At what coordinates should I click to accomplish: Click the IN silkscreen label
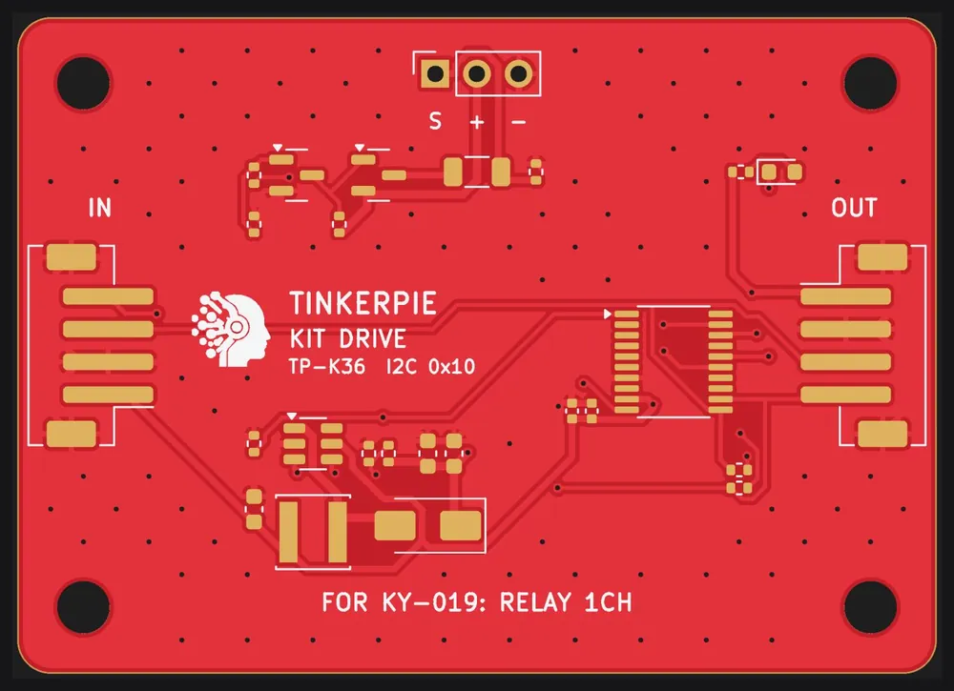tap(100, 208)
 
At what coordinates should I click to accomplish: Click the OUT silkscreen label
tap(854, 208)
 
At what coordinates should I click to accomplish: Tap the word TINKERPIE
tap(363, 303)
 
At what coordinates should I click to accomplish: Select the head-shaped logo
tap(231, 330)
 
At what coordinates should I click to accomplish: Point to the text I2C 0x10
tap(431, 366)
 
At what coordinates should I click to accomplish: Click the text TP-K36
tap(327, 366)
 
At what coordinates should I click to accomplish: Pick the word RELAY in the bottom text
tap(536, 602)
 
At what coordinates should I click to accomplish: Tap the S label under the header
tap(435, 121)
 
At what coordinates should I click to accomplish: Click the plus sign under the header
tap(477, 122)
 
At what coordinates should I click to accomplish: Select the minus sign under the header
tap(518, 122)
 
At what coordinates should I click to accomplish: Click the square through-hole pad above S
tap(435, 74)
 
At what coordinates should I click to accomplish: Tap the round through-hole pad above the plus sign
tap(477, 74)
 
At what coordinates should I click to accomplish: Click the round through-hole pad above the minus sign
tap(518, 74)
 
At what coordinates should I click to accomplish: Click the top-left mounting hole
tap(83, 83)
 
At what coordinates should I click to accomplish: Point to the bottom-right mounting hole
tap(871, 607)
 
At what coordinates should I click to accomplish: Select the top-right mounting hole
tap(871, 83)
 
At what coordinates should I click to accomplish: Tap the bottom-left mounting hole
tap(83, 607)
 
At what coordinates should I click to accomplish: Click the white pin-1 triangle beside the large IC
tap(607, 315)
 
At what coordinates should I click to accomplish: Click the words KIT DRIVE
tap(348, 338)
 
